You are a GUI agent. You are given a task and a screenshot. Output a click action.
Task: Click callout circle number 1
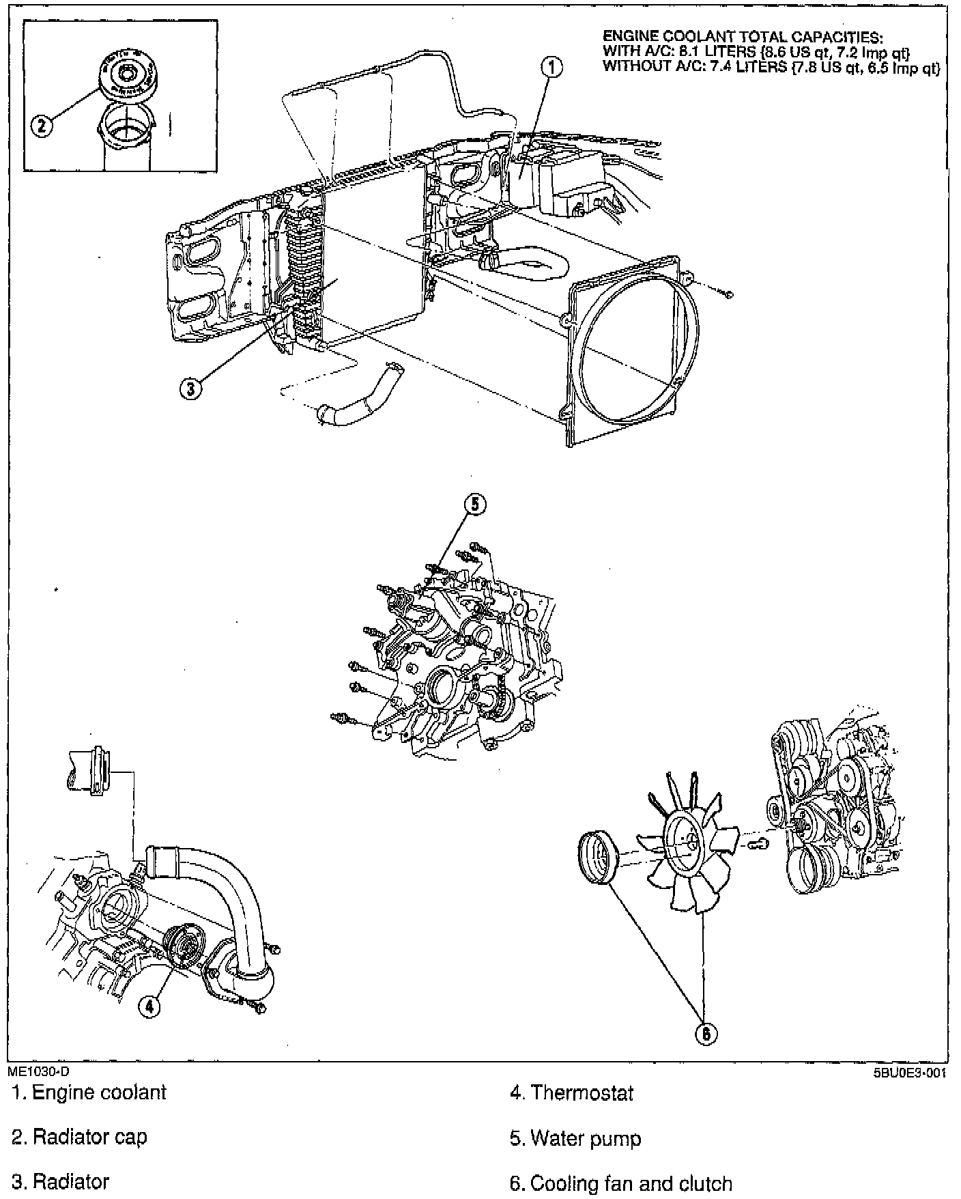551,67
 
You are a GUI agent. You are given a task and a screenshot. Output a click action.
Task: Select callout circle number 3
190,388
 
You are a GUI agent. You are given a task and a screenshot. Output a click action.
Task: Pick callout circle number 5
475,504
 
